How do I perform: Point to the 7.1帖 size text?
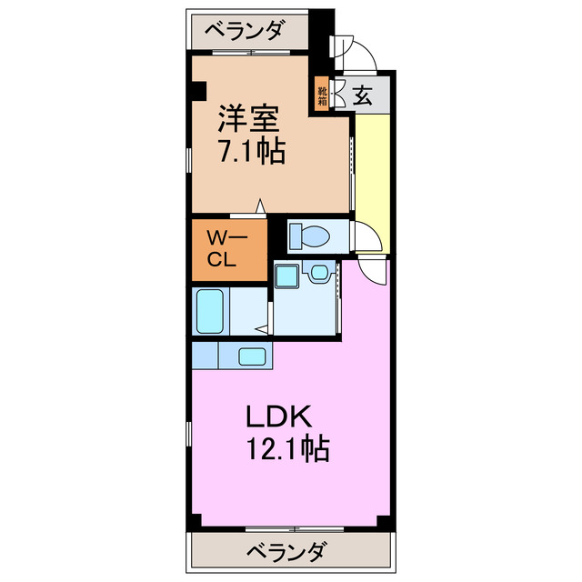[250, 151]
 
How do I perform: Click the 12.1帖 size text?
[286, 448]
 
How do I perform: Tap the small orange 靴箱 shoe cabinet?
[322, 95]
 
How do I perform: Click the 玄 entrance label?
[362, 95]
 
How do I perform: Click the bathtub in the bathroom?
[210, 312]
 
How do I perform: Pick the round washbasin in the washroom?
[319, 272]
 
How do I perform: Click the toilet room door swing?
[367, 238]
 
